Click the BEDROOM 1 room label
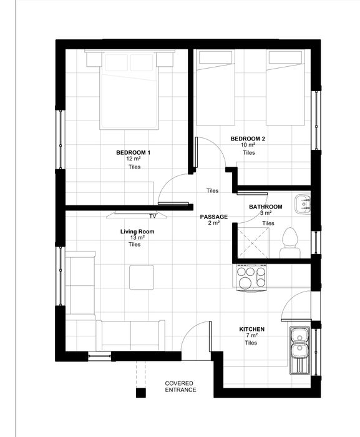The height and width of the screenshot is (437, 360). tap(133, 152)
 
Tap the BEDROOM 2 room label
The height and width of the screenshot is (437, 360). tap(248, 139)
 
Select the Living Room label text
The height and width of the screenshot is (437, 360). tap(137, 232)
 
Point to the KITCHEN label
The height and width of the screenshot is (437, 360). tap(251, 329)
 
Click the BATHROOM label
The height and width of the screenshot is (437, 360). tap(266, 207)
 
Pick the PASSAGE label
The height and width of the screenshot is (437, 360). tap(214, 217)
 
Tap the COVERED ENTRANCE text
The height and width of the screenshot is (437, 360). tap(180, 386)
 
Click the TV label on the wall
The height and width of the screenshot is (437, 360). tap(153, 216)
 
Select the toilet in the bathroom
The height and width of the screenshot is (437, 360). tap(290, 243)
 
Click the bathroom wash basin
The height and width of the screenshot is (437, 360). tap(303, 204)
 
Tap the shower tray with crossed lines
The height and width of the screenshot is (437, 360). tap(253, 243)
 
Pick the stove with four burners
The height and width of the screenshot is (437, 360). tap(251, 278)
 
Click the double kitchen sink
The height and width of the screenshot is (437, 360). tap(300, 351)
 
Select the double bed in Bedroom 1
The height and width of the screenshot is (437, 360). tap(129, 90)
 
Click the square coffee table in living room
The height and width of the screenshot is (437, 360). tap(142, 277)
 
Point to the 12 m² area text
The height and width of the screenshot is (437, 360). tap(134, 159)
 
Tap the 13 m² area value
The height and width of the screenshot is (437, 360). tap(137, 238)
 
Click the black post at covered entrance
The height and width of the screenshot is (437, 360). tap(141, 393)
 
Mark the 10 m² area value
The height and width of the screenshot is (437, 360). tap(248, 145)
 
